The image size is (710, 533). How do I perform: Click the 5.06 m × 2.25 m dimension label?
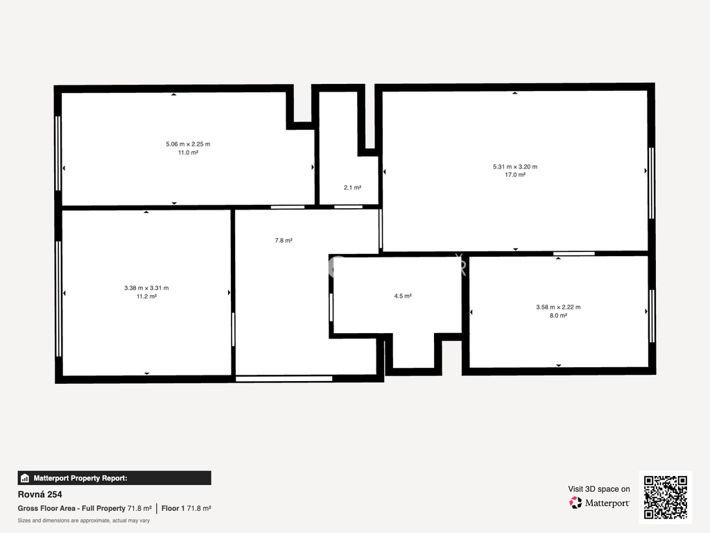coord(188,144)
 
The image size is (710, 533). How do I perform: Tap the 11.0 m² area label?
coord(188,153)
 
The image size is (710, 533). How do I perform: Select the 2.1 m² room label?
coord(352,187)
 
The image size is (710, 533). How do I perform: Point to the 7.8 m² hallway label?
coord(284,240)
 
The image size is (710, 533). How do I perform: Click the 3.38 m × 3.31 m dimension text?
coord(146,288)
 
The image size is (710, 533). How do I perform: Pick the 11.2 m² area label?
coord(146,296)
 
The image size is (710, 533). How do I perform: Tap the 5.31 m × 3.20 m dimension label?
coord(515,167)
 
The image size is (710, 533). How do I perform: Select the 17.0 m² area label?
coord(515,175)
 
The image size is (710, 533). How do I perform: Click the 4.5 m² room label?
coord(403,296)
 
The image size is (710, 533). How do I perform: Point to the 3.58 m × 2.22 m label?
coord(558,307)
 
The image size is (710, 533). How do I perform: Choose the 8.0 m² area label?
coord(558,316)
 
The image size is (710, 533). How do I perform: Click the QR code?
coord(665,497)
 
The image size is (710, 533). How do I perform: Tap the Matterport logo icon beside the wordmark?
coord(575,502)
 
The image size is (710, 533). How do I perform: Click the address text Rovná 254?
coord(40,494)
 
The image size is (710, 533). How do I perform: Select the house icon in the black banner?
coord(25,478)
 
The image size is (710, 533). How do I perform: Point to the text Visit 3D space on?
coord(598,489)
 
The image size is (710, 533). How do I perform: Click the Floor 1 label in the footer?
coord(173,509)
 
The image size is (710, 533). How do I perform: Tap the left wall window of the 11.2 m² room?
coord(58,298)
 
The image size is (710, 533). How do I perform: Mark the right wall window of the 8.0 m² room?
coord(652,316)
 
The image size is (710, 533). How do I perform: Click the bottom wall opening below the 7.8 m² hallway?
coord(284,378)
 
